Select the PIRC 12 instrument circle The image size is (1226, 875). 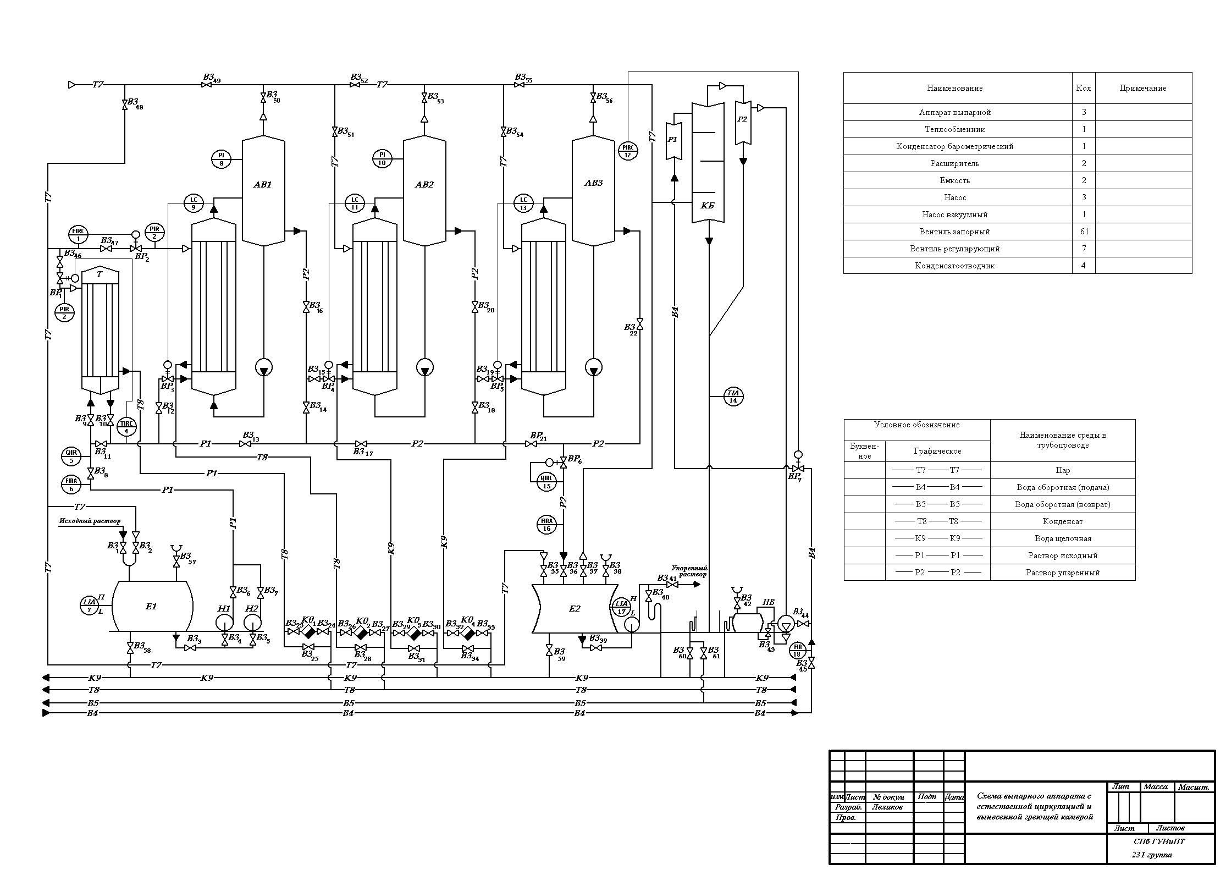628,150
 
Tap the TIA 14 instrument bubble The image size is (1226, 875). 733,396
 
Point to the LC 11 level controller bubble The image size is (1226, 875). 355,203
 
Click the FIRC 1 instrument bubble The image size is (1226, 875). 79,234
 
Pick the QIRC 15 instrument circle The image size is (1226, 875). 546,481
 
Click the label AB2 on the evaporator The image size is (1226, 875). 424,185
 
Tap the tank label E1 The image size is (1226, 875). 151,606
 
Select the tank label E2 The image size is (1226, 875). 575,608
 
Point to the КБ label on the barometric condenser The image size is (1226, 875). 708,205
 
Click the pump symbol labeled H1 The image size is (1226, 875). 224,621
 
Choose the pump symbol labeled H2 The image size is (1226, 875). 252,621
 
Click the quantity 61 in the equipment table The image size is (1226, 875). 1084,232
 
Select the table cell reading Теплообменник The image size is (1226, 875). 954,129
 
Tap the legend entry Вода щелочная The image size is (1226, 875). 1062,538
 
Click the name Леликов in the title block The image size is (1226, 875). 887,807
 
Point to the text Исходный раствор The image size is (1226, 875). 90,521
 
